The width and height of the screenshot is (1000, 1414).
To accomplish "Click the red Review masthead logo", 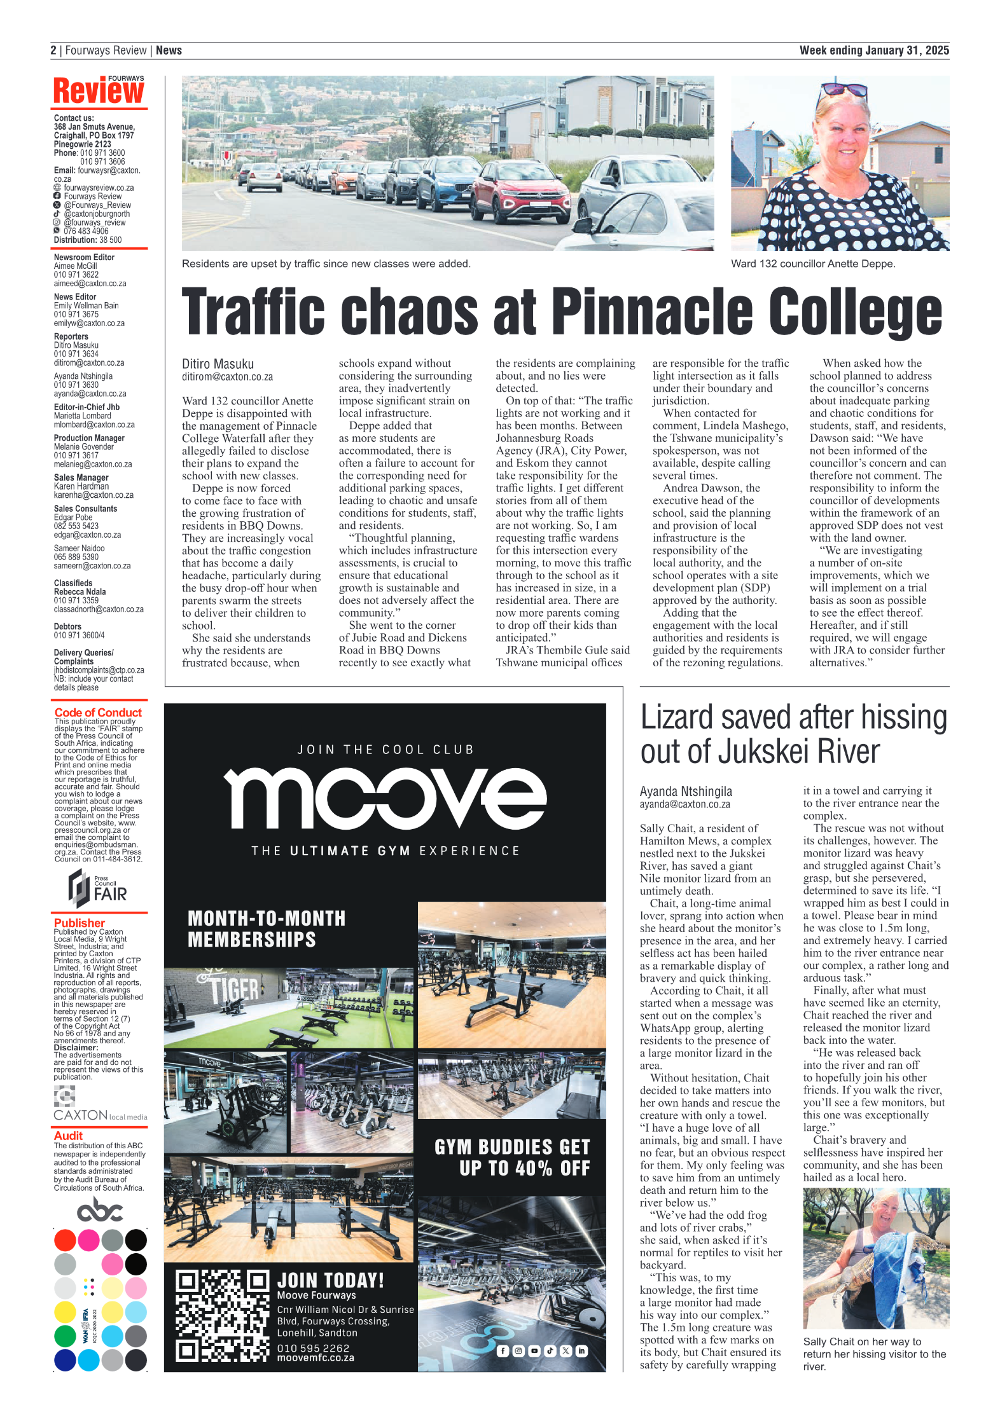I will point(99,90).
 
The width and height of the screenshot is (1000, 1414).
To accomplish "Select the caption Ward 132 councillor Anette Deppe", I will point(812,264).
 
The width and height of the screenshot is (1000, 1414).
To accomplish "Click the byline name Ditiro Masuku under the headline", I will point(218,364).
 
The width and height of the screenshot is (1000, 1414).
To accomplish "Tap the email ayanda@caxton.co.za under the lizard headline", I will point(684,804).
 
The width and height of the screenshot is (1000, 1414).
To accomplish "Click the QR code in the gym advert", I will point(223,1315).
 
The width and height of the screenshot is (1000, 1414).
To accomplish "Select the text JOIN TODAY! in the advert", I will point(330,1280).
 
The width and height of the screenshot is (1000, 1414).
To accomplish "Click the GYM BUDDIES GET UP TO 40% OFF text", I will point(512,1157).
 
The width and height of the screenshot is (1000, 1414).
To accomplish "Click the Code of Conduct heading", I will point(98,713).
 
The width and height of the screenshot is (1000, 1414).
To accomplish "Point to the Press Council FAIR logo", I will point(98,889).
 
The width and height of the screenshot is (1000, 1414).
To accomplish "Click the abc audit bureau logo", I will point(99,1209).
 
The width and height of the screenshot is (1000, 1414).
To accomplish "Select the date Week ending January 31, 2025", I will point(873,50).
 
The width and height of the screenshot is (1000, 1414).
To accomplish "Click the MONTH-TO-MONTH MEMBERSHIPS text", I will point(266,929).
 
